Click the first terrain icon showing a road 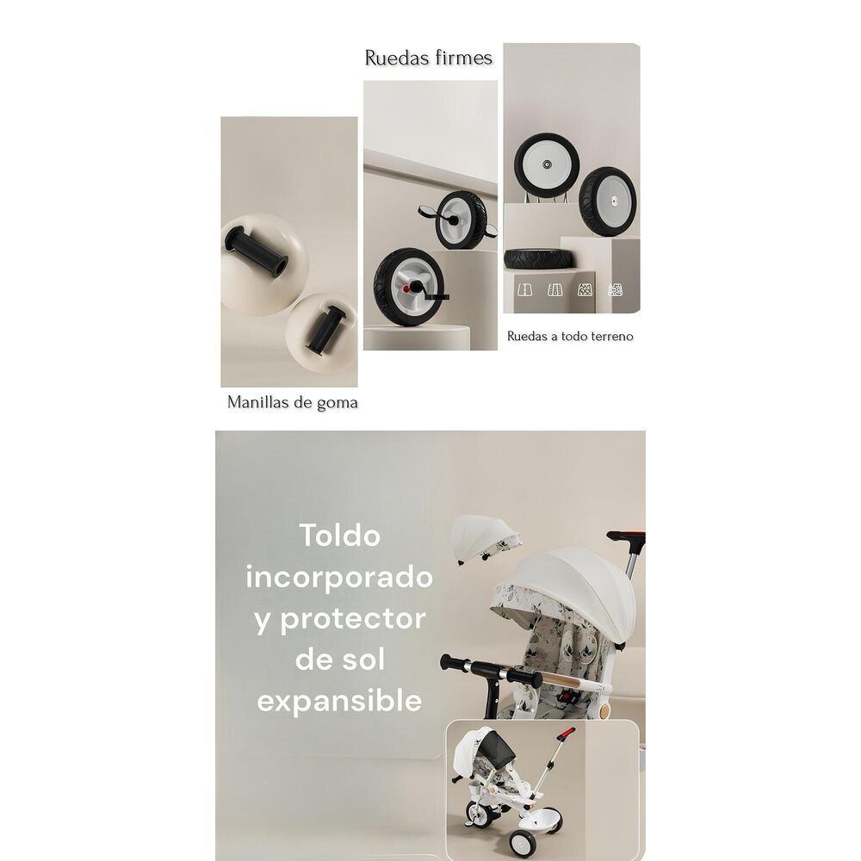[523, 290]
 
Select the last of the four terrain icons [616, 290]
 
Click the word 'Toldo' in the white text [339, 535]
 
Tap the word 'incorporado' [338, 576]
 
